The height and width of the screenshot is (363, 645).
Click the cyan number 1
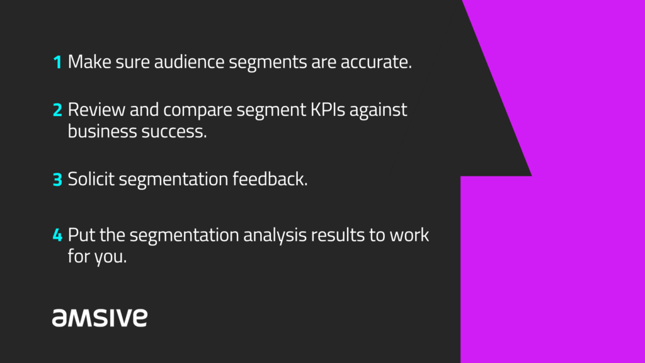click(58, 62)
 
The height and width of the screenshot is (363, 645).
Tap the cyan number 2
click(57, 110)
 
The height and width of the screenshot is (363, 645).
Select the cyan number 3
click(57, 180)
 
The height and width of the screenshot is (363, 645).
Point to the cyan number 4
click(57, 235)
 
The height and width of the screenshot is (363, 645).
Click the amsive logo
click(100, 318)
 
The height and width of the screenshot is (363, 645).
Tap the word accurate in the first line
click(376, 62)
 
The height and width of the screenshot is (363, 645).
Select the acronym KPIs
click(328, 110)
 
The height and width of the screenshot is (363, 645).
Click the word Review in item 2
click(96, 110)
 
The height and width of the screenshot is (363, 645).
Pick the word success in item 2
click(174, 132)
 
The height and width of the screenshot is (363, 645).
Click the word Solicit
click(91, 179)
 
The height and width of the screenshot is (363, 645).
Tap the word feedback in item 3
click(270, 179)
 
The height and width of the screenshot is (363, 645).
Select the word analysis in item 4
click(275, 236)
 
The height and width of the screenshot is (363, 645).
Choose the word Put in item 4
click(82, 235)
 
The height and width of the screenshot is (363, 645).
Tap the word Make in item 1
click(89, 62)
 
